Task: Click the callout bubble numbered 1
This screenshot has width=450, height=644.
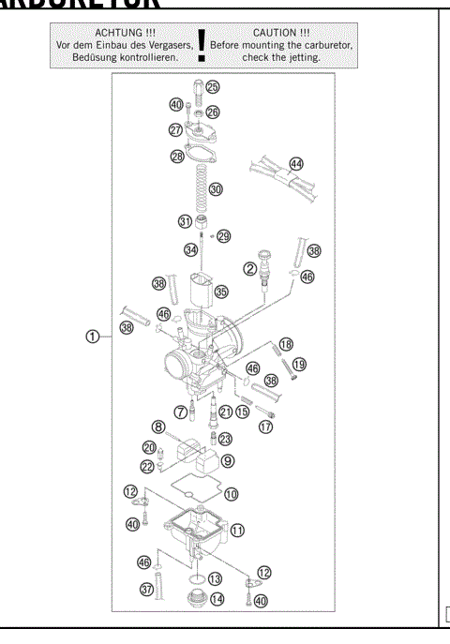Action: pyautogui.click(x=92, y=337)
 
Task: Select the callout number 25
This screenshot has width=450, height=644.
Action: pyautogui.click(x=213, y=86)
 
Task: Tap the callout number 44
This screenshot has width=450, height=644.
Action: pyautogui.click(x=296, y=163)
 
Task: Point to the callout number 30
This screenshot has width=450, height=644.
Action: pyautogui.click(x=216, y=188)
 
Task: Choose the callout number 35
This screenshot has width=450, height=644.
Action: pyautogui.click(x=221, y=292)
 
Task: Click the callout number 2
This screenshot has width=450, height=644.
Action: pyautogui.click(x=251, y=269)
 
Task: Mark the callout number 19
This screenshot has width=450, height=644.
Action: pyautogui.click(x=299, y=364)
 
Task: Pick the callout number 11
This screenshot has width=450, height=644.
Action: pyautogui.click(x=238, y=530)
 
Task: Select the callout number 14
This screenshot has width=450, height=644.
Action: pyautogui.click(x=217, y=598)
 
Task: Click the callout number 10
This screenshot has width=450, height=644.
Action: pyautogui.click(x=231, y=493)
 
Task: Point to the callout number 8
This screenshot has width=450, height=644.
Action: pyautogui.click(x=159, y=427)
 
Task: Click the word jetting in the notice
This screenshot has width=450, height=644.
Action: pyautogui.click(x=300, y=56)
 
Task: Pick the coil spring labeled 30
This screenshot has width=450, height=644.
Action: pyautogui.click(x=200, y=187)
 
